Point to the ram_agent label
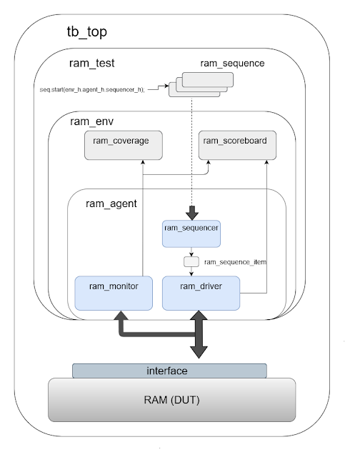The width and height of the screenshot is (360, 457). click(111, 204)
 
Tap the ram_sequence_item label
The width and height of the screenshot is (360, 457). click(235, 262)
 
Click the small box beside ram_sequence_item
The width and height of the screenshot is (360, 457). click(191, 262)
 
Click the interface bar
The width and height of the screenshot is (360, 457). click(169, 371)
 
